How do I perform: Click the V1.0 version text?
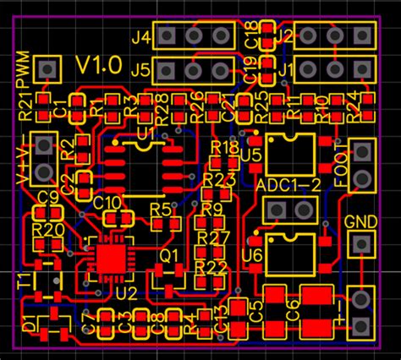click(99, 65)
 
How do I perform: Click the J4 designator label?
click(141, 37)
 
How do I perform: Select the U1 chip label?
click(146, 133)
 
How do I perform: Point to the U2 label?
click(126, 292)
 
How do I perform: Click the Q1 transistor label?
click(169, 254)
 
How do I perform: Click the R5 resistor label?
click(161, 209)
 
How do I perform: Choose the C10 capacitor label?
click(107, 202)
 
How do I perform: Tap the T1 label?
click(25, 278)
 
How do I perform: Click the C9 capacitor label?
click(47, 198)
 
